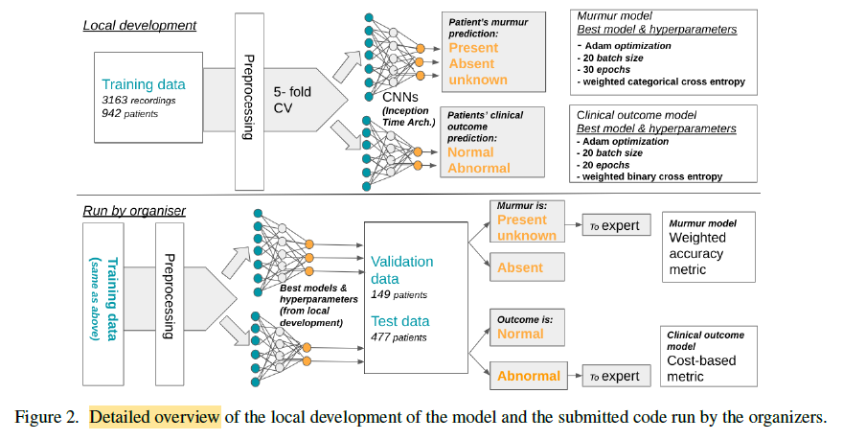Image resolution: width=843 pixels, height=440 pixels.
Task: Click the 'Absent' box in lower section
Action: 520,268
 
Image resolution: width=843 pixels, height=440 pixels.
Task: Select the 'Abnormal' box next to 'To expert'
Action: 529,376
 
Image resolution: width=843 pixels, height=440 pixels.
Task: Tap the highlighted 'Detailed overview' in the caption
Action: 155,418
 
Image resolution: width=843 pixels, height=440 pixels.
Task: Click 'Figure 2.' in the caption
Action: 48,418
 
